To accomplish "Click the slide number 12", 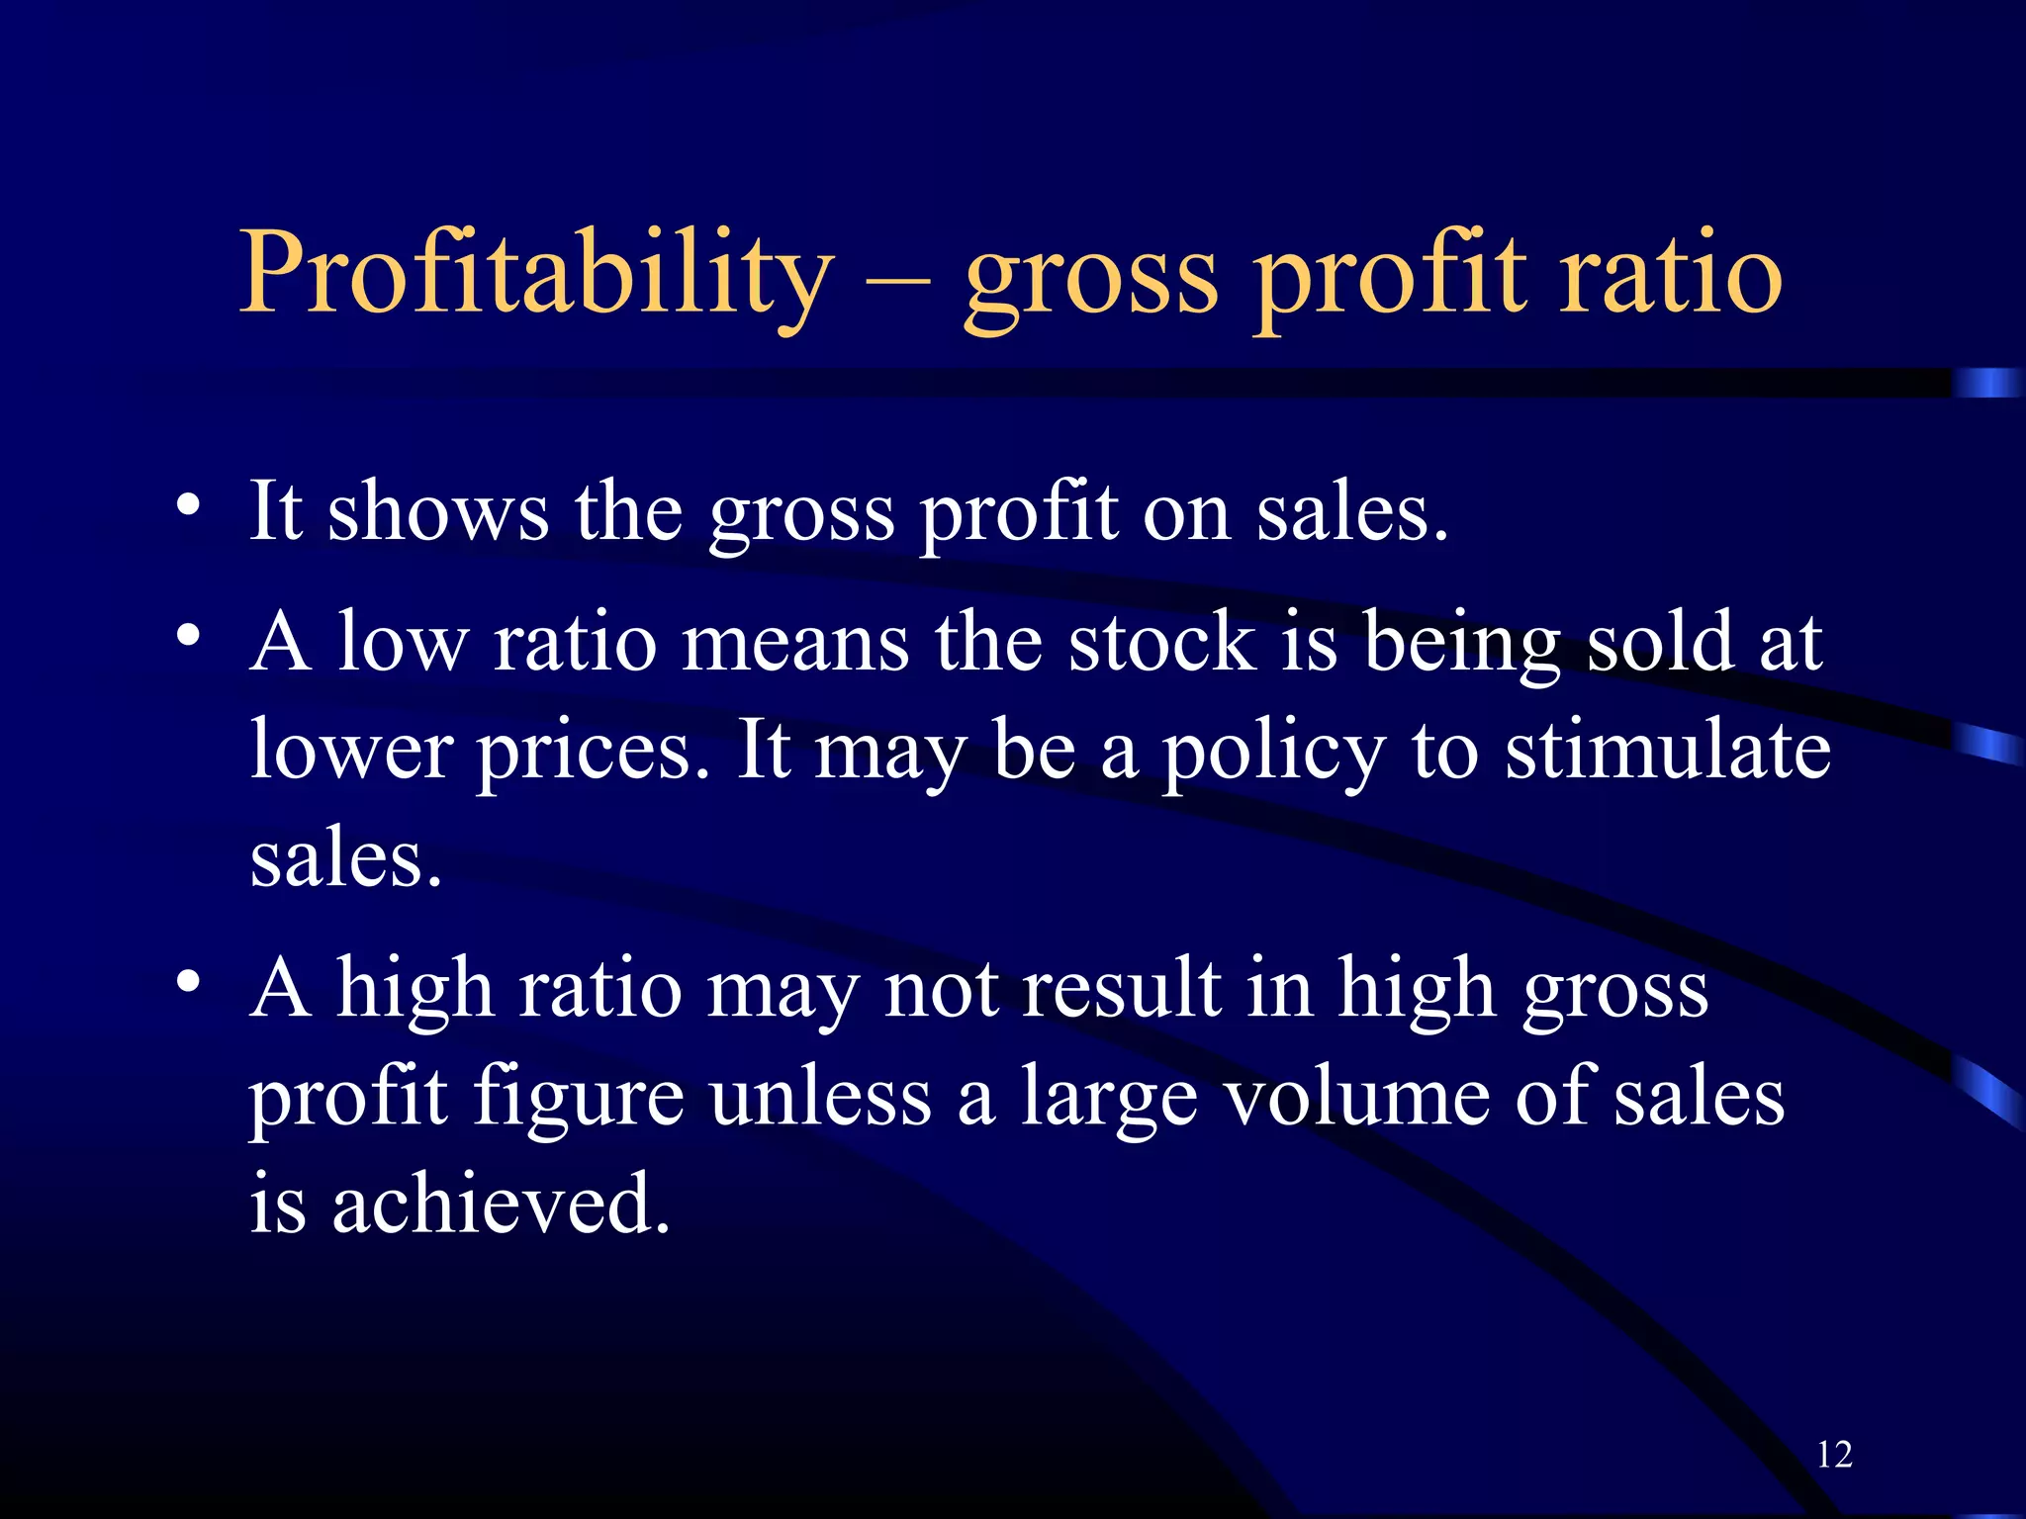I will pyautogui.click(x=1834, y=1455).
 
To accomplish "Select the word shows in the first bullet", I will pyautogui.click(x=437, y=511).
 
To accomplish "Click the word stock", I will pyautogui.click(x=1162, y=642).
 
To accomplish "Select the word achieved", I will pyautogui.click(x=502, y=1204).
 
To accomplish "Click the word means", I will pyautogui.click(x=794, y=644).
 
